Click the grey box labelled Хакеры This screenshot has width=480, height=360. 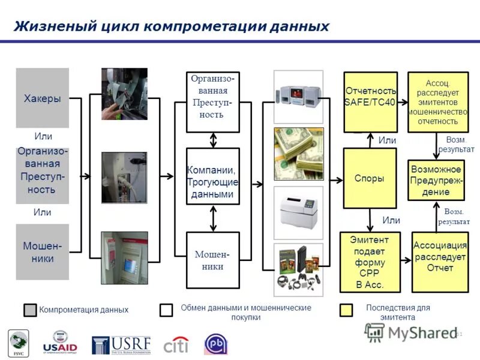42,98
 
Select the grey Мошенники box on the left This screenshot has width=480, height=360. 42,252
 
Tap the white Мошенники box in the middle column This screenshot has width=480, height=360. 212,260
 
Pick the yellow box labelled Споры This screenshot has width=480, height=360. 370,178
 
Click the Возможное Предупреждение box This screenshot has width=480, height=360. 436,180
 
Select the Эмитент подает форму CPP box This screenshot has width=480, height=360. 370,262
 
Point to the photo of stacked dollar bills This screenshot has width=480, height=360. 298,154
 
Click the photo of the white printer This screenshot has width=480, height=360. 298,211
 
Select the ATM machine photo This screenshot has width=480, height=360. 124,257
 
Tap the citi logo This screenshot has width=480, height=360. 176,346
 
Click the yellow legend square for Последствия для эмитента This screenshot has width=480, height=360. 346,310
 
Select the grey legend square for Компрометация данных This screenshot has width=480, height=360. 30,310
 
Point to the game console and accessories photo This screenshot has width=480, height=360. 298,269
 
